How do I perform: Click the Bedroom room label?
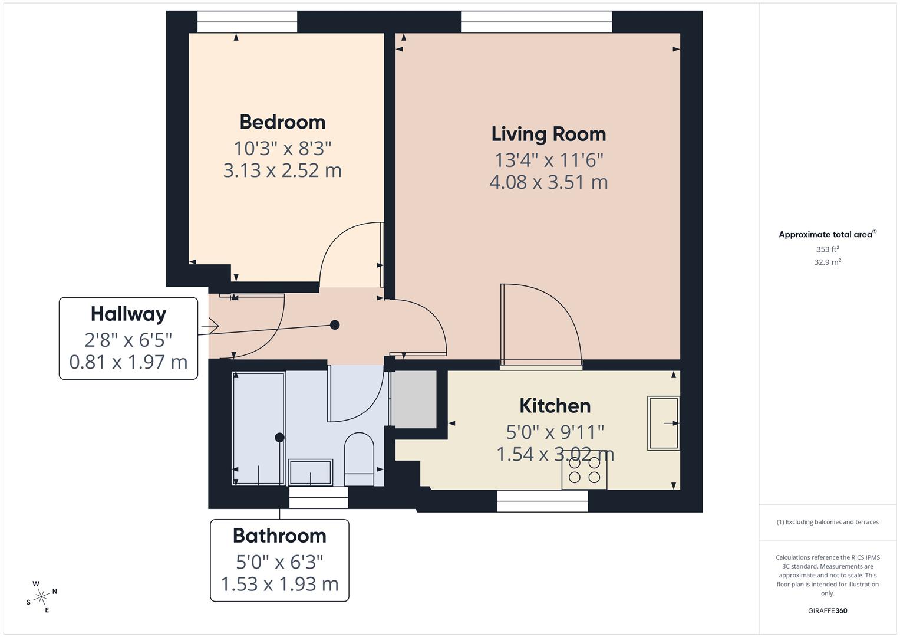tap(282, 122)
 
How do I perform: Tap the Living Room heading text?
tap(548, 134)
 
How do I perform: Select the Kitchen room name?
tap(555, 406)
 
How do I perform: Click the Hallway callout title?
tap(128, 314)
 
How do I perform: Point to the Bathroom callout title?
tap(279, 536)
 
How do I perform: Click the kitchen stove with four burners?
tap(584, 470)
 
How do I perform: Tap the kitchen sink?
tap(663, 423)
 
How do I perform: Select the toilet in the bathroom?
tap(359, 459)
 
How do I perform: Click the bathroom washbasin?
tap(310, 472)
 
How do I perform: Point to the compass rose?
tap(41, 597)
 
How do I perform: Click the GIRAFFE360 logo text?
tap(827, 610)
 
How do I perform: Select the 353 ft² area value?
tap(827, 249)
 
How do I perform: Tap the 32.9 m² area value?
tap(827, 262)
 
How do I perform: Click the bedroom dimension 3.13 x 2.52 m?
tap(282, 170)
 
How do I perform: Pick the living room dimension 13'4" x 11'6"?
tap(548, 160)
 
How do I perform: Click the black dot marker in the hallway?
tap(335, 325)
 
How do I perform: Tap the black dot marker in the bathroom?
tap(279, 438)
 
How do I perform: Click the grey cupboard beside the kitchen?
tap(414, 399)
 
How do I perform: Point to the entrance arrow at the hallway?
tap(210, 326)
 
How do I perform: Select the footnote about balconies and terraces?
tap(827, 522)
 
